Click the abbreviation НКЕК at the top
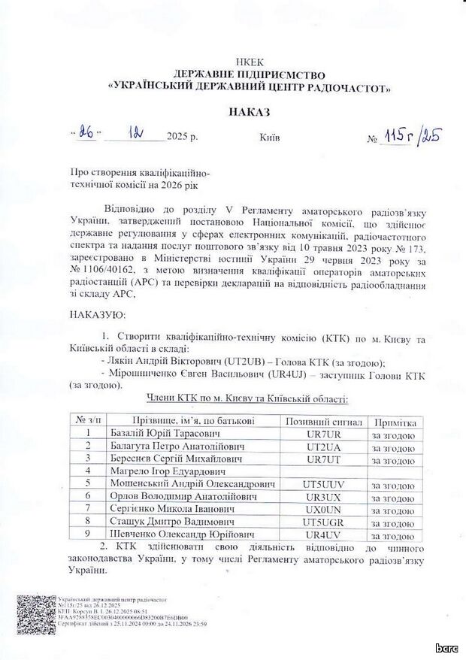[x=249, y=63]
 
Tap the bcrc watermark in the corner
[x=446, y=648]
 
